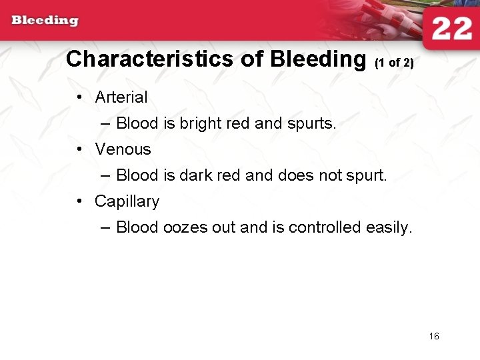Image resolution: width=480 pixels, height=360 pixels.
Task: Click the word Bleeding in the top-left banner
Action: [x=45, y=20]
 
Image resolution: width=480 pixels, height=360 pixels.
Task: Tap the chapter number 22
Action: [x=451, y=29]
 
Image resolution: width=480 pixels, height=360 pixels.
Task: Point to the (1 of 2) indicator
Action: [x=395, y=63]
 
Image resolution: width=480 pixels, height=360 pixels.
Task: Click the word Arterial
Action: [x=121, y=97]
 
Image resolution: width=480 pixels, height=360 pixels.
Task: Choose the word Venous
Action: [x=123, y=149]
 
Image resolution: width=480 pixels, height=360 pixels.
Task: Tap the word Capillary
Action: [x=127, y=201]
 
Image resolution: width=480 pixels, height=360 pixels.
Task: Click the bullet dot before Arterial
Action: [x=79, y=97]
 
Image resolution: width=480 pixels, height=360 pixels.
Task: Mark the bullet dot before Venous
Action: [x=79, y=149]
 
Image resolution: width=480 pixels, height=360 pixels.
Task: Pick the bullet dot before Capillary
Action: [x=79, y=201]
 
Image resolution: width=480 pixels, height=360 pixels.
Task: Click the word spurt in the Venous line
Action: [x=367, y=176]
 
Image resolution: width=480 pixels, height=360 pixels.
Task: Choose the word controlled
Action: [x=325, y=227]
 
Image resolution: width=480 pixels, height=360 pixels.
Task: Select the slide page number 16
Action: [x=434, y=336]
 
